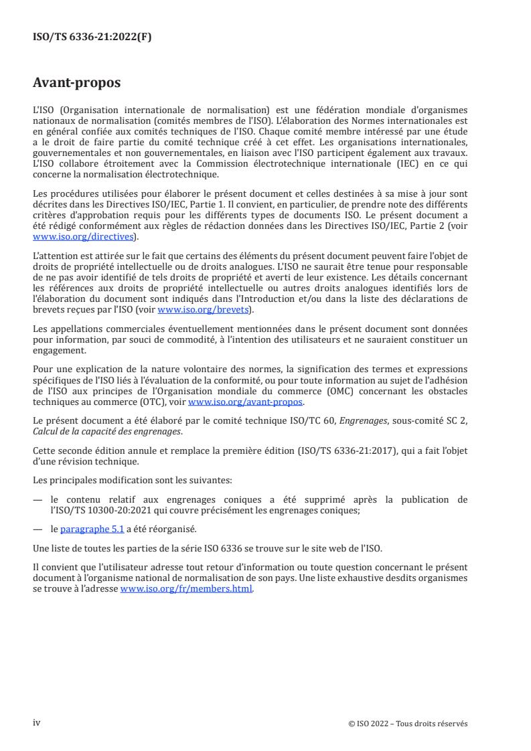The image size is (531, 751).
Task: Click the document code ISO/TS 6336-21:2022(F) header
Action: coord(92,37)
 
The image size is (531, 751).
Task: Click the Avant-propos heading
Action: coord(76,84)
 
